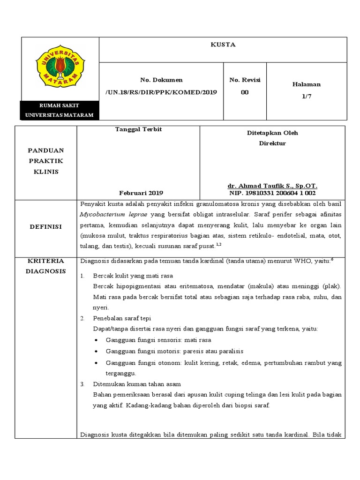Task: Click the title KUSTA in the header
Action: pyautogui.click(x=223, y=45)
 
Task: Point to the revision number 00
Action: pyautogui.click(x=245, y=92)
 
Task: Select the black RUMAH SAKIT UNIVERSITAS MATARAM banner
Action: pyautogui.click(x=59, y=111)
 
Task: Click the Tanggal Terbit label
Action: pyautogui.click(x=138, y=129)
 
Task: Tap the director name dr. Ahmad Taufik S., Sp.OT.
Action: pyautogui.click(x=273, y=186)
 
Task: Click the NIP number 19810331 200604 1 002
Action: pyautogui.click(x=273, y=193)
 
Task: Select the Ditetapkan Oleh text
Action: pyautogui.click(x=272, y=133)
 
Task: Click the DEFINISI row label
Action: pyautogui.click(x=46, y=226)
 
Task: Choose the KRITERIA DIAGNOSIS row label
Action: pyautogui.click(x=46, y=266)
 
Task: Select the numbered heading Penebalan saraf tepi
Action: pyautogui.click(x=122, y=318)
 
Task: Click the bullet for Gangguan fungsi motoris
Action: pyautogui.click(x=96, y=352)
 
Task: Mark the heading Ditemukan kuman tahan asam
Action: pyautogui.click(x=137, y=384)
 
